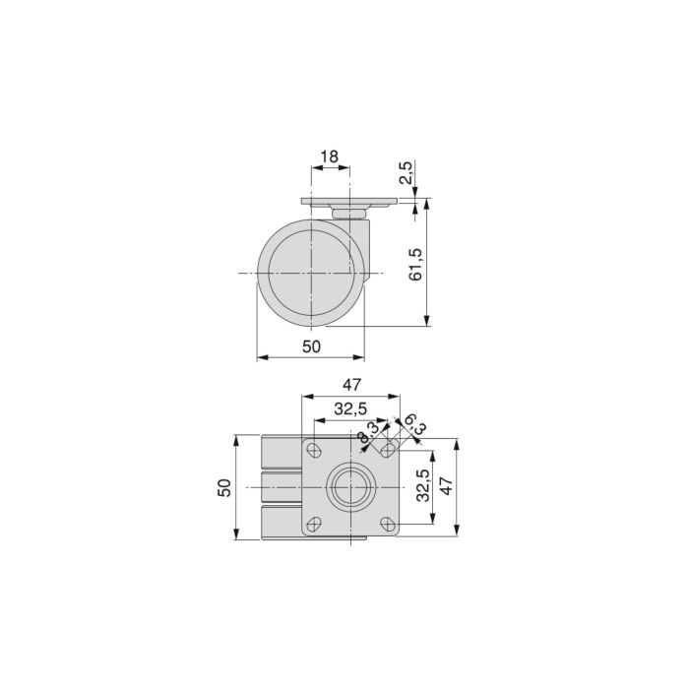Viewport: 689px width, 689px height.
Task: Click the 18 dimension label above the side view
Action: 330,157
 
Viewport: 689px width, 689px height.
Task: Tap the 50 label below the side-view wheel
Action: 311,345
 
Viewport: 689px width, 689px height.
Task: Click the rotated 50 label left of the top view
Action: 225,487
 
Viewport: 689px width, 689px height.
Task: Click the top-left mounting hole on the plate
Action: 315,451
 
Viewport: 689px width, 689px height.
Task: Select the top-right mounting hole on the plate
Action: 388,451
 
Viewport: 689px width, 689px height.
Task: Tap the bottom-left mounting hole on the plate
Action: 315,524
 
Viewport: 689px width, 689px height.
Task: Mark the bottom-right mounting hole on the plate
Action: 388,524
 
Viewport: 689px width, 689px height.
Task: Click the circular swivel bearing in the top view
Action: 350,487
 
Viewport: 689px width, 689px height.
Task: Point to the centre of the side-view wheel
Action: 310,273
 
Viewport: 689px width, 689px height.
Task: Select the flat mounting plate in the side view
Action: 351,204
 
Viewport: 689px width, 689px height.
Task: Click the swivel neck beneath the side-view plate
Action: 349,213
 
